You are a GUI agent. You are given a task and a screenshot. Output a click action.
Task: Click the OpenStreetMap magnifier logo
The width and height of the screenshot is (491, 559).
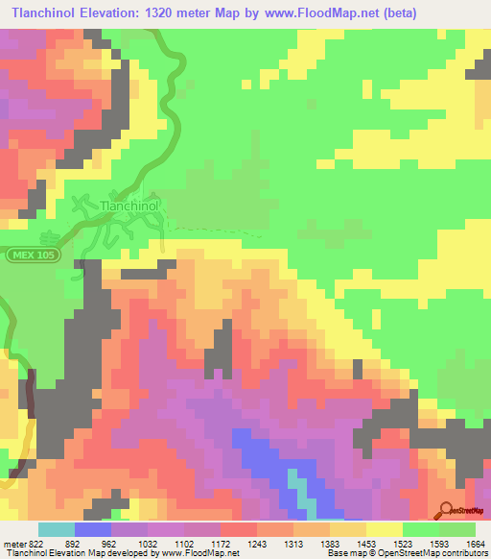pos(448,510)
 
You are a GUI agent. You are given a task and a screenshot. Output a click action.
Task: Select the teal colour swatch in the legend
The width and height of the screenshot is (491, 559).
pos(57,529)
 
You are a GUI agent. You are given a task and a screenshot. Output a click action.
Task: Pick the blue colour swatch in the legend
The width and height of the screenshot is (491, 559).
pos(93,529)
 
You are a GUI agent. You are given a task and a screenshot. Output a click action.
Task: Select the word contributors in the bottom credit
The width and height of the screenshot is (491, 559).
pos(462,553)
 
